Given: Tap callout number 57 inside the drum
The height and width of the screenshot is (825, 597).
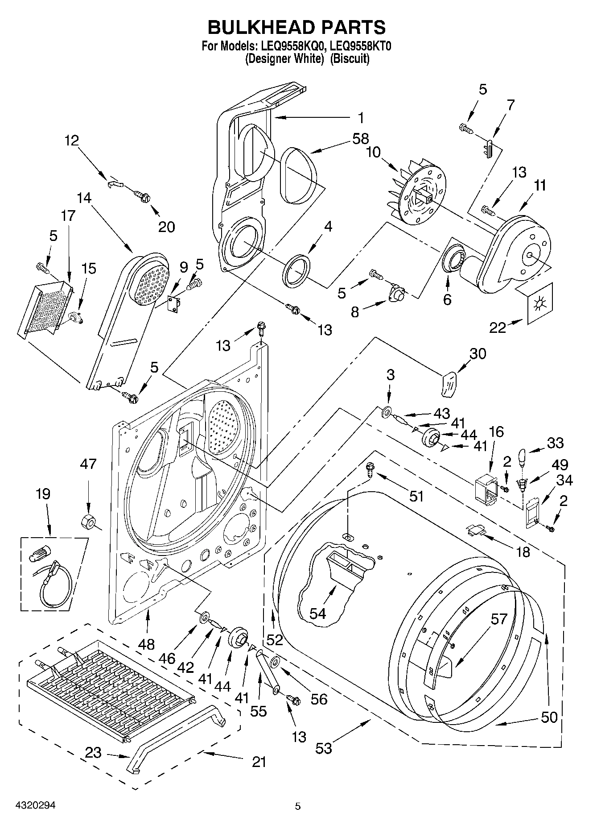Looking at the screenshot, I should tap(499, 619).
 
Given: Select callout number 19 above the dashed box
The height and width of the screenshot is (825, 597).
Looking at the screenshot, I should tap(43, 494).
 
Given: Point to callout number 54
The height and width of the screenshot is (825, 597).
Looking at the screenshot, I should tap(317, 614).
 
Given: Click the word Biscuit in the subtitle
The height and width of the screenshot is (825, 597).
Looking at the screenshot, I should tap(350, 58).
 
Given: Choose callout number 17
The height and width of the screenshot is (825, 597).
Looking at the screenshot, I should tap(68, 216).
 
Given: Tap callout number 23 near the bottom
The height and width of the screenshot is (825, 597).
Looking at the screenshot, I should tap(94, 753).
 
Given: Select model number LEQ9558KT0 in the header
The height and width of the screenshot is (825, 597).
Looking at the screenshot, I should tap(361, 46).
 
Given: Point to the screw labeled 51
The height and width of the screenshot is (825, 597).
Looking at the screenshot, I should tap(370, 468).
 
